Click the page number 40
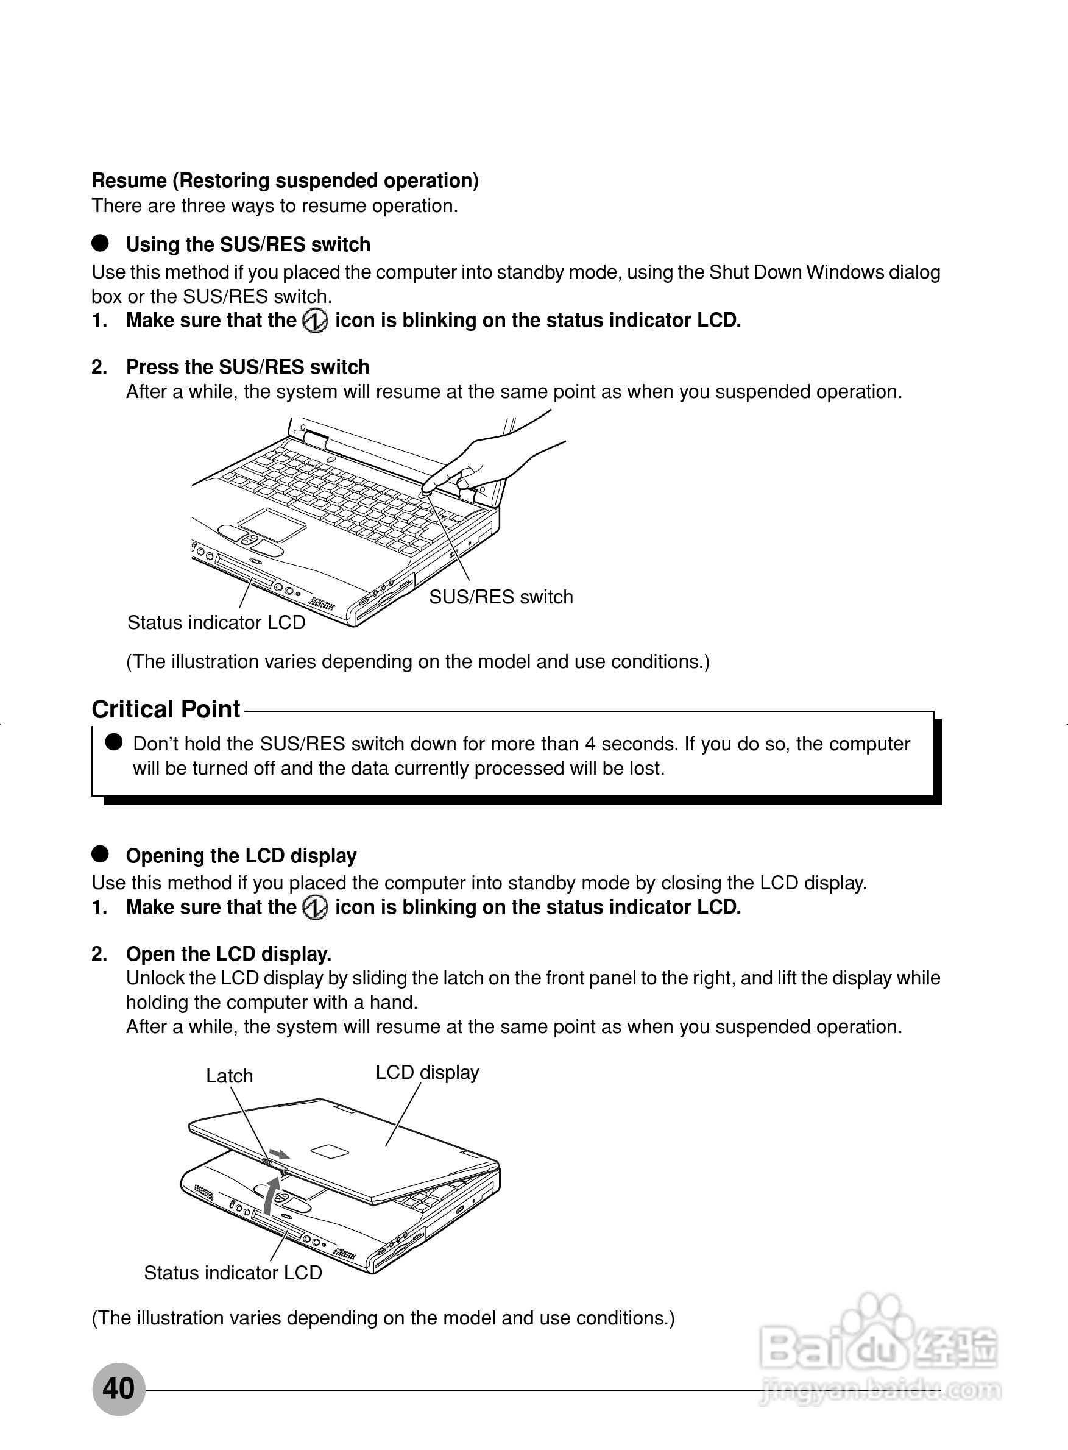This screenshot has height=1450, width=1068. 118,1388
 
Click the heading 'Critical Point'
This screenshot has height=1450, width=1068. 166,709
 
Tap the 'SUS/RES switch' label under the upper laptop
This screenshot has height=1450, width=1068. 501,596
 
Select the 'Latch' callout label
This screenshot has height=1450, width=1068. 230,1076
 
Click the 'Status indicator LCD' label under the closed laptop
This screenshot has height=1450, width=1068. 233,1272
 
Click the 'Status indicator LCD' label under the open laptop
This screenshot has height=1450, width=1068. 216,622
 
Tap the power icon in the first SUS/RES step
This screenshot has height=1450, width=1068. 316,321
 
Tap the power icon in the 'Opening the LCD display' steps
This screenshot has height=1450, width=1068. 316,908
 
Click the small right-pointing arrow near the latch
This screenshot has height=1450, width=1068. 279,1154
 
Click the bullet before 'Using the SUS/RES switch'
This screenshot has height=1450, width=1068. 100,243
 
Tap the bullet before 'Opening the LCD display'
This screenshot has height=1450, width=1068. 100,855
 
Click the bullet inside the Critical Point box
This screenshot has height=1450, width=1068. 114,742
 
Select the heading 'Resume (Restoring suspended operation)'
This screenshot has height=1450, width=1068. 285,180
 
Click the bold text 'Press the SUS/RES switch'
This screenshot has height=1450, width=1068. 247,367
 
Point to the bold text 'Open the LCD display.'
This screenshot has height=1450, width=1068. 228,954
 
